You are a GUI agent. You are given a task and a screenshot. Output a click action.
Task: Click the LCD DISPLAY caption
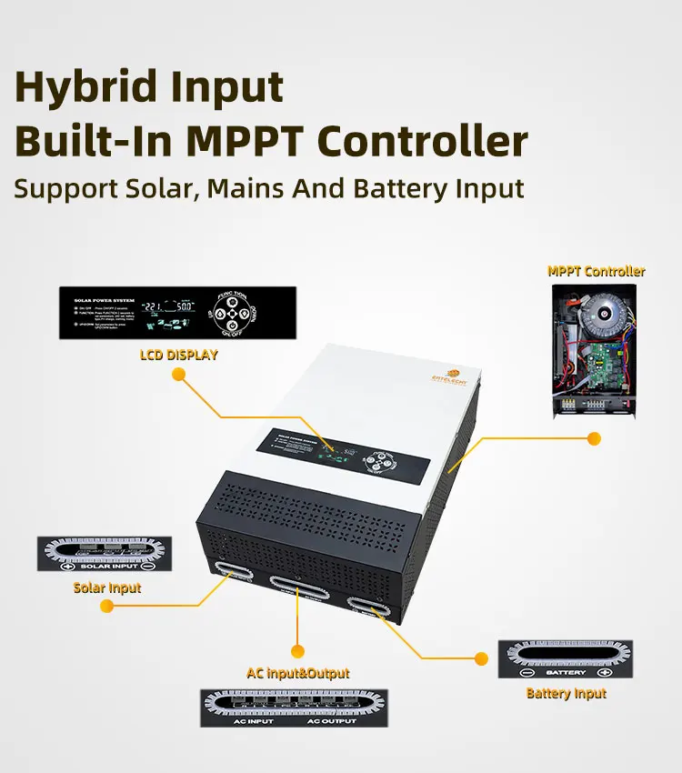[178, 355]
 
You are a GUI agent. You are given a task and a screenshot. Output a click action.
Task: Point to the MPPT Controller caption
[596, 271]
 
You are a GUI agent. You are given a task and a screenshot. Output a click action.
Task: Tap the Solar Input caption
[107, 587]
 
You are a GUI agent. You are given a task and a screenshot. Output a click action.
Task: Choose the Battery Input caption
[566, 693]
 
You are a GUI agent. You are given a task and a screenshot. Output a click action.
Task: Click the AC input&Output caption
[297, 674]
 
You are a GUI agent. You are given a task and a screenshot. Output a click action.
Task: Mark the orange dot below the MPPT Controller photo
[594, 438]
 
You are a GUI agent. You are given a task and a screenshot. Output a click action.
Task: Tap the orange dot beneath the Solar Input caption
[106, 607]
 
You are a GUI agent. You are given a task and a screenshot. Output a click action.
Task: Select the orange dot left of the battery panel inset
[480, 657]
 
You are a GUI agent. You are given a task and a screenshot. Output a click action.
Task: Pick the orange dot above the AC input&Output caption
[296, 650]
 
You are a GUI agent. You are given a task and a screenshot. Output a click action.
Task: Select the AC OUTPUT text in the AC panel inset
[331, 720]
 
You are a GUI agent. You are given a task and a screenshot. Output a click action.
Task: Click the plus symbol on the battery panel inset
[604, 674]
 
